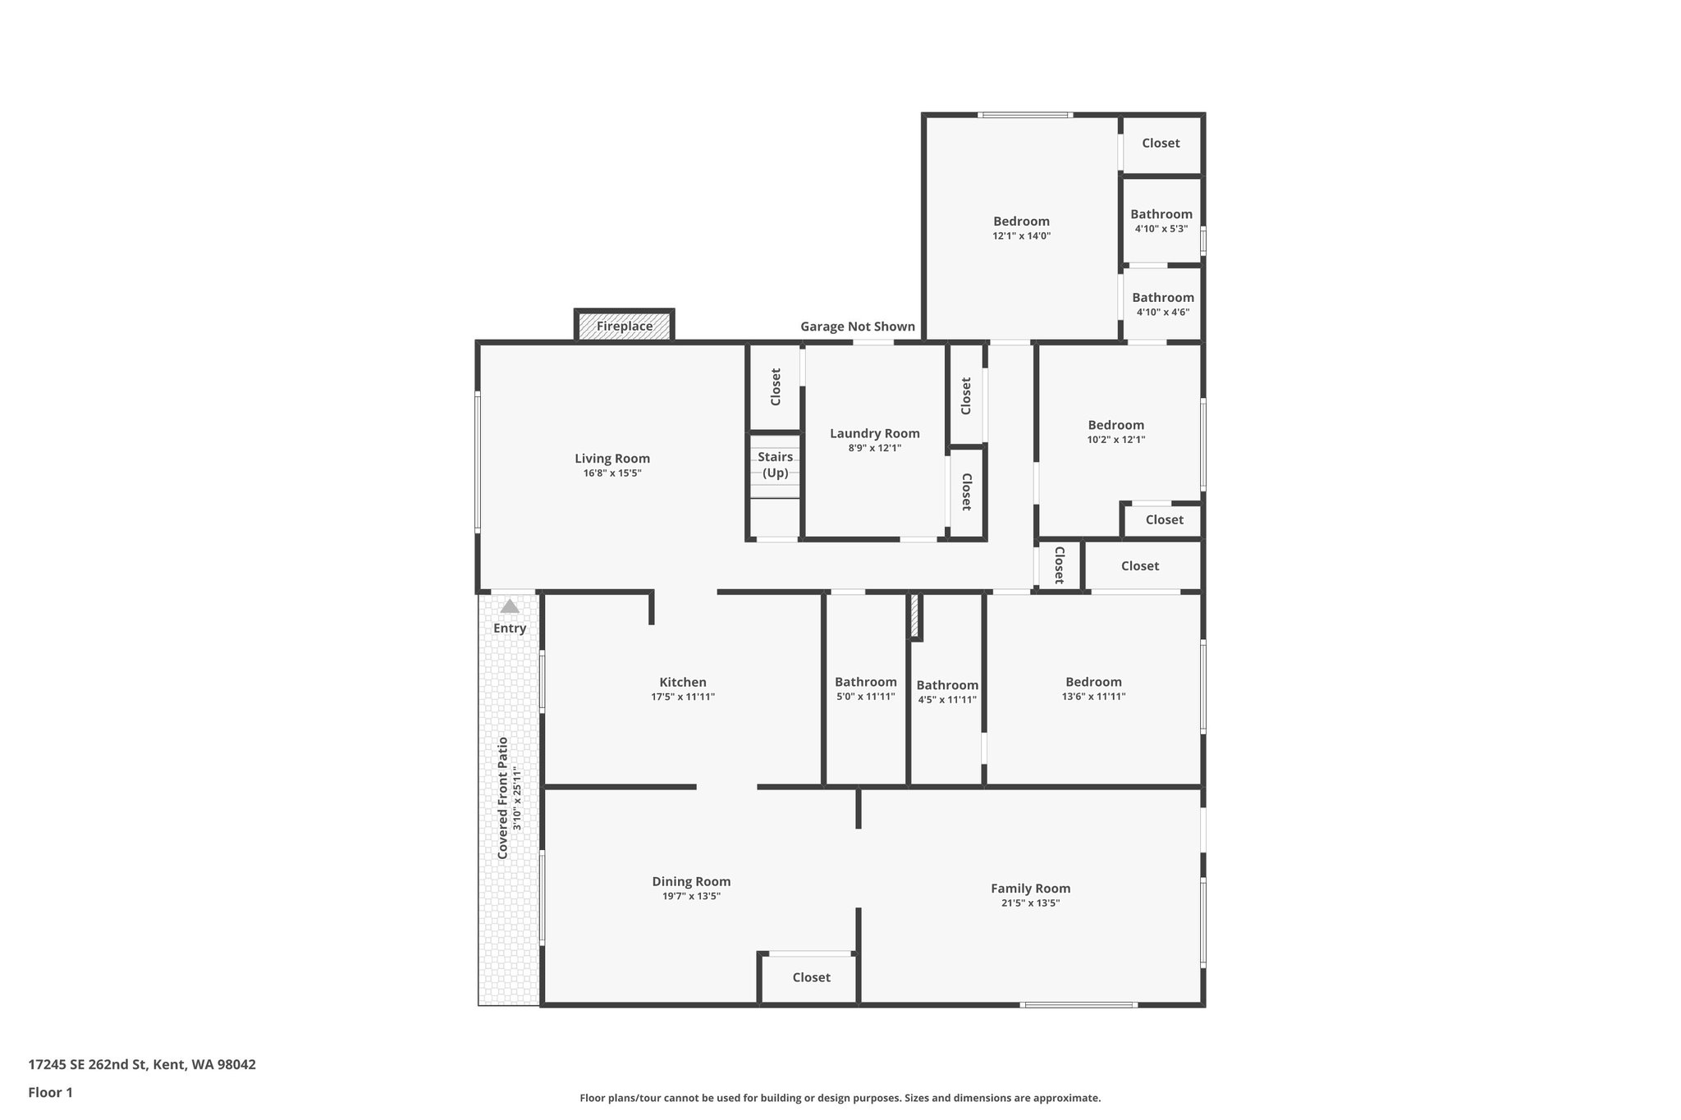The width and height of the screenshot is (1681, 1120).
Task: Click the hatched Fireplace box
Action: coord(624,326)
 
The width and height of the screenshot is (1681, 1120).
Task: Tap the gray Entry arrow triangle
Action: coord(510,606)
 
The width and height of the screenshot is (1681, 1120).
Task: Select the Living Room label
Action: coord(612,459)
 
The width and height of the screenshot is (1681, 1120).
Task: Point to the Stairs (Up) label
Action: coord(775,464)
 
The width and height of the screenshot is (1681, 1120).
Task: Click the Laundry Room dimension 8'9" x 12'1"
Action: coord(874,448)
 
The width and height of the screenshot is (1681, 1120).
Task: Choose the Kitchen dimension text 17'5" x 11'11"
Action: coord(683,697)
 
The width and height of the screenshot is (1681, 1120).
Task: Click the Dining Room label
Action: coord(691,881)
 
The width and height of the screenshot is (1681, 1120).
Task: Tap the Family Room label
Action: coord(1030,888)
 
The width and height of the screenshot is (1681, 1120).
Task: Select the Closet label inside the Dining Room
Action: coord(811,977)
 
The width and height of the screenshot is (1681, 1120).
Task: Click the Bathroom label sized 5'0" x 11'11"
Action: coord(865,682)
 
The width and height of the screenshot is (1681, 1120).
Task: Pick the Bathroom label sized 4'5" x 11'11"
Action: coord(947,685)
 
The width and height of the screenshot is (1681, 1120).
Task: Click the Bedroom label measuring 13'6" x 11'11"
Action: coord(1093,682)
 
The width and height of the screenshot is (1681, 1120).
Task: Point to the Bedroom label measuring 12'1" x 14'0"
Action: coord(1021,221)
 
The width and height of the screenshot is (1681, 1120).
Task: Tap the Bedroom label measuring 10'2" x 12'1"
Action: coord(1115,425)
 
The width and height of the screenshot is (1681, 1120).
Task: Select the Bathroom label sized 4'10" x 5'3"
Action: coord(1161,214)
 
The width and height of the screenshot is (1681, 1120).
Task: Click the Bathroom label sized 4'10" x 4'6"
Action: coord(1162,298)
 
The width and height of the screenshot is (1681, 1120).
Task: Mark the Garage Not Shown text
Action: coord(858,327)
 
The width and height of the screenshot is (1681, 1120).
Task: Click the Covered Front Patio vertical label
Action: coord(502,798)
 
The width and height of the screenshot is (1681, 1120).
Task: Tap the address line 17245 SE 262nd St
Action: coord(142,1065)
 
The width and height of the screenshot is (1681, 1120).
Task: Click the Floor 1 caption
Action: coord(51,1092)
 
